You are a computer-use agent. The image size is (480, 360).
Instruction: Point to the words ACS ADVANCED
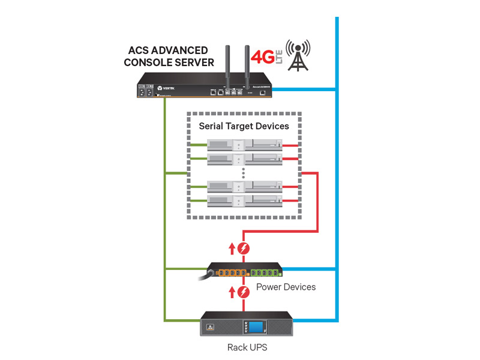coord(168,50)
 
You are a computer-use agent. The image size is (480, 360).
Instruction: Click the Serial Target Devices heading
coord(244,126)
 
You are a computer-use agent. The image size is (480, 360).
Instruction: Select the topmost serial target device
coord(244,145)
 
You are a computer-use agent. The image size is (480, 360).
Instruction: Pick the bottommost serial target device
coord(244,200)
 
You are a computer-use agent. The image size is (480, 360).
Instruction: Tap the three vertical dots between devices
coord(244,173)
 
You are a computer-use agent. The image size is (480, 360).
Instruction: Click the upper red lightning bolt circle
coord(244,248)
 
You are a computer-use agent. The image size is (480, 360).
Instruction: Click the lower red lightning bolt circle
coord(244,292)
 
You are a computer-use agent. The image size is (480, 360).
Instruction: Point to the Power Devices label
coord(286,287)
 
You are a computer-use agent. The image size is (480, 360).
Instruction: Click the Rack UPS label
coord(244,347)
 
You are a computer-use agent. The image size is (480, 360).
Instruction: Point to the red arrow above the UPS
coord(232,292)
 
